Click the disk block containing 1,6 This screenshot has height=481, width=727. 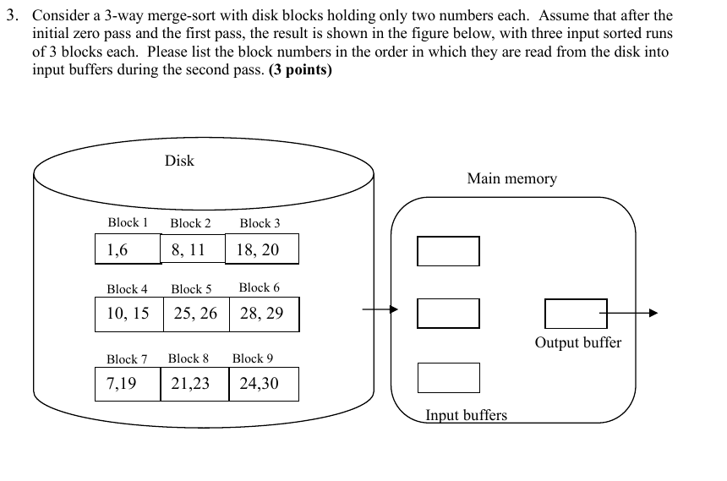128,249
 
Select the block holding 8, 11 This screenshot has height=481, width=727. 193,249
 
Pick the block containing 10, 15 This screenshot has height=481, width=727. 128,314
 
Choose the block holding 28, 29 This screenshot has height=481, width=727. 263,314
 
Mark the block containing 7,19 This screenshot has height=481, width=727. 128,384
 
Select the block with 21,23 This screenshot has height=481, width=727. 194,384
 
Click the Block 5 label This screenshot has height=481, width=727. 191,289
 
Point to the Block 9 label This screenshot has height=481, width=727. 253,358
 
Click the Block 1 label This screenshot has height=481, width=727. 128,222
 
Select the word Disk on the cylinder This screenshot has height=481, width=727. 179,161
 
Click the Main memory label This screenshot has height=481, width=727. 511,178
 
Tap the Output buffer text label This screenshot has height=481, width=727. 577,342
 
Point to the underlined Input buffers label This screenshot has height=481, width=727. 466,415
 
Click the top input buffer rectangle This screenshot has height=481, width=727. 448,251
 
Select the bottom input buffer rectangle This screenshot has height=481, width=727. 448,378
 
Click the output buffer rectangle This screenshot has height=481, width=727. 575,314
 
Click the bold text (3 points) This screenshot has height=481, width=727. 300,69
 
